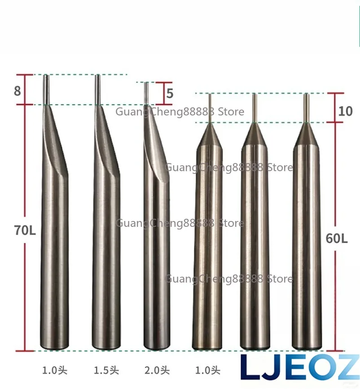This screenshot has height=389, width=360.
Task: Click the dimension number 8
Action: click(x=18, y=91)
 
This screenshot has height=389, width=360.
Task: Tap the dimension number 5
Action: click(x=170, y=93)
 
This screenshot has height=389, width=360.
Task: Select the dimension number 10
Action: click(x=345, y=111)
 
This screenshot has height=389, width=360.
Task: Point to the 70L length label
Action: click(x=25, y=230)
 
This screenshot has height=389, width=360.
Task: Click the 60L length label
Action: click(x=337, y=239)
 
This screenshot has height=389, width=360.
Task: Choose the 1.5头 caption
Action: click(x=106, y=371)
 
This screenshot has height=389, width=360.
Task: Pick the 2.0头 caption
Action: click(x=157, y=371)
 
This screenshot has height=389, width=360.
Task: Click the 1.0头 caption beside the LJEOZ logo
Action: click(x=208, y=371)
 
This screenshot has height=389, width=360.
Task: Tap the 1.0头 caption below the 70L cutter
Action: click(x=55, y=371)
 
